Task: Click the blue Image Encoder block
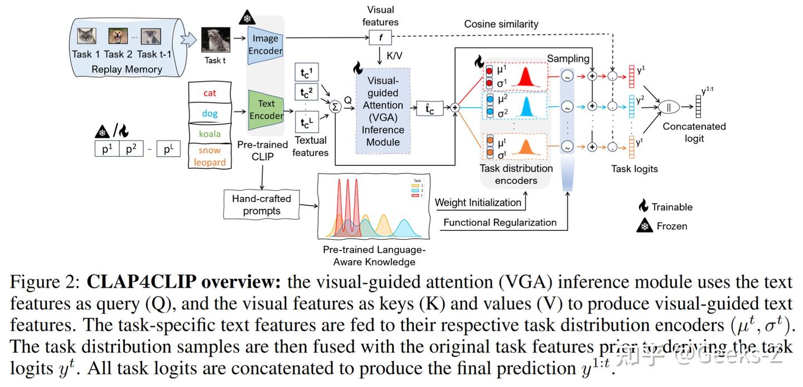click(x=265, y=45)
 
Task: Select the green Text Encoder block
click(x=266, y=109)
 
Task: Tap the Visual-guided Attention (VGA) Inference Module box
click(x=383, y=111)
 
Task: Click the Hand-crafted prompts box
click(x=261, y=205)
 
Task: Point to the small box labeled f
click(x=380, y=38)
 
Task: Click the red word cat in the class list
click(x=210, y=93)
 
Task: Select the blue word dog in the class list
click(x=210, y=114)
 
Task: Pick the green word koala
click(x=210, y=134)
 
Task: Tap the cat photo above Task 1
click(x=86, y=37)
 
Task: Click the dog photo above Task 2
click(x=118, y=37)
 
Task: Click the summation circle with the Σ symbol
click(x=335, y=107)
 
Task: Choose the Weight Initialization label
click(x=478, y=202)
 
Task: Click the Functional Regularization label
click(x=500, y=222)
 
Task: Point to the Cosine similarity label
click(x=501, y=24)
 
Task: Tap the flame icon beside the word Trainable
click(x=644, y=206)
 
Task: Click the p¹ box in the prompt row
click(x=107, y=149)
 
